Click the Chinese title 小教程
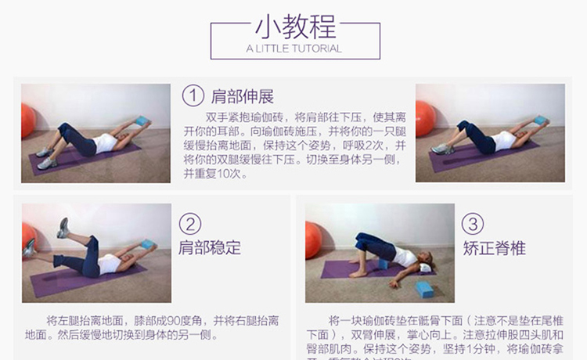pos(295,27)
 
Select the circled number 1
pos(193,96)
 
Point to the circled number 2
pos(189,224)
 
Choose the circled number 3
pos(473,225)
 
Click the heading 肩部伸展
pos(243,97)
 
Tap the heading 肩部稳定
pos(209,248)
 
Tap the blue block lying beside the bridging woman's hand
pos(425,290)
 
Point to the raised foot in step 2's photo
pos(63,227)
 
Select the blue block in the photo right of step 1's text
pos(538,120)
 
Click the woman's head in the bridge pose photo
pos(423,267)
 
